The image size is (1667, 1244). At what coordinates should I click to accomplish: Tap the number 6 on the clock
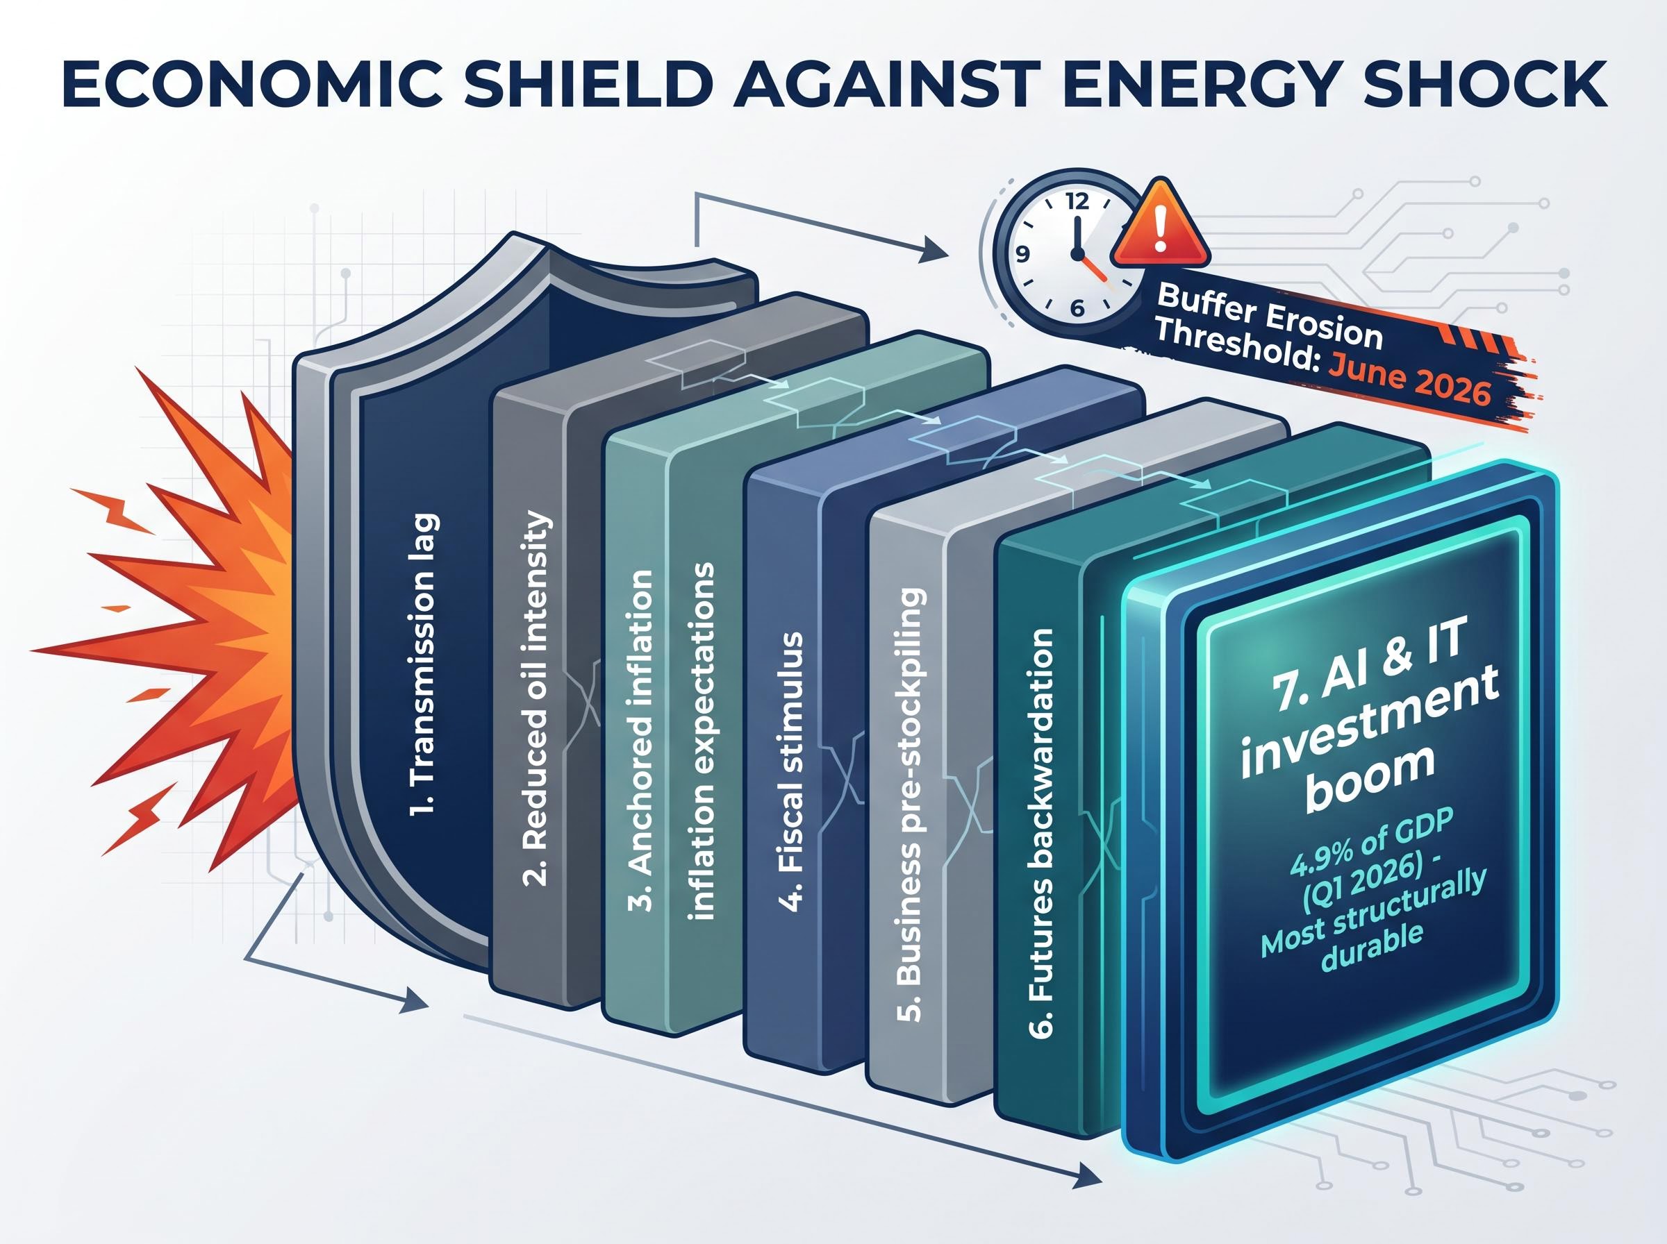point(1077,308)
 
